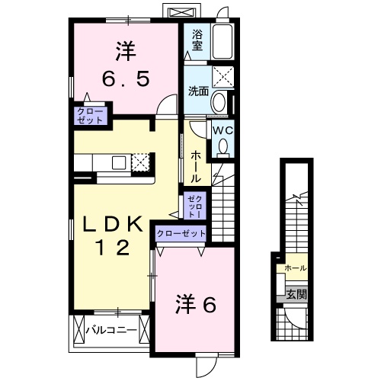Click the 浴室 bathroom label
coord(196,40)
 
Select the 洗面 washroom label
coord(197,90)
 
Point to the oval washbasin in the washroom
coord(218,102)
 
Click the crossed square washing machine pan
coord(223,76)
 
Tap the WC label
coord(222,130)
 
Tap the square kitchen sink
coord(120,162)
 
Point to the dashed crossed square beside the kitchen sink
coord(140,162)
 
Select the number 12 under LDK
coord(112,247)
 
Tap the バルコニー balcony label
coord(110,331)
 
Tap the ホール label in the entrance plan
coord(295,268)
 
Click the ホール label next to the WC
coord(196,166)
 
